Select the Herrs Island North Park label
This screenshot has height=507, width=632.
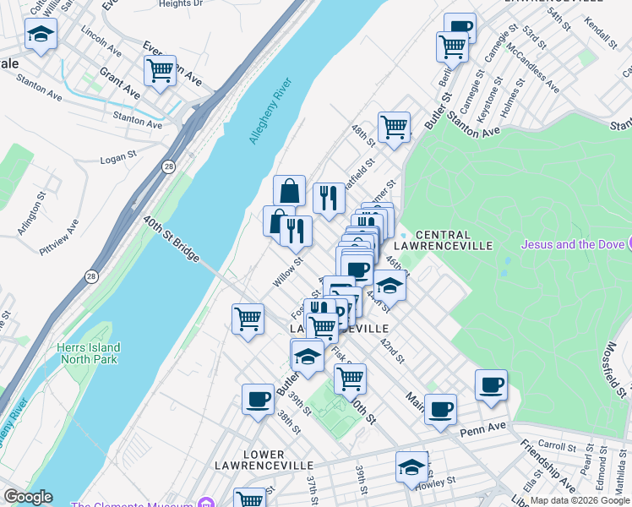point(89,353)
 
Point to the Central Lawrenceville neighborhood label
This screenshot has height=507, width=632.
point(455,239)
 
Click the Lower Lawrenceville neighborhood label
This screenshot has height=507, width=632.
point(264,460)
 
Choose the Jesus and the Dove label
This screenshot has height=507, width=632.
point(572,245)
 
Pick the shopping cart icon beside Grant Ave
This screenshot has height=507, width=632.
point(159,70)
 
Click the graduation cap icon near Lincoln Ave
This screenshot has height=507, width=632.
point(39,35)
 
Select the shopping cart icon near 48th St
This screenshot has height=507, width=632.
point(394,128)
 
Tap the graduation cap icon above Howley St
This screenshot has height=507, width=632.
point(412,466)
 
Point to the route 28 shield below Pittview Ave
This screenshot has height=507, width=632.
point(90,276)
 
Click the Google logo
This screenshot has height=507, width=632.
point(28,497)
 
